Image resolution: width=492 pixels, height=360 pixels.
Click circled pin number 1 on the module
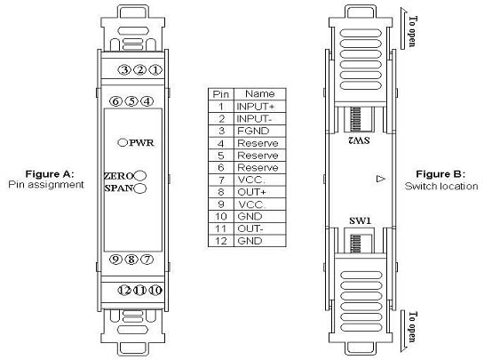click(155, 69)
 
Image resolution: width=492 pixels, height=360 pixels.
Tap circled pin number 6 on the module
click(115, 101)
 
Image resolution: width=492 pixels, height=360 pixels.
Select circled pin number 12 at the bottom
click(124, 291)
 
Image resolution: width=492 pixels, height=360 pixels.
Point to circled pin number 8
click(131, 260)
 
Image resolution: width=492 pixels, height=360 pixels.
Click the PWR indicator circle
click(123, 142)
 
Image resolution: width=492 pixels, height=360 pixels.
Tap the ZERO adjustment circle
click(140, 176)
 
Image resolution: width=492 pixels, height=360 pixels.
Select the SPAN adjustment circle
click(140, 188)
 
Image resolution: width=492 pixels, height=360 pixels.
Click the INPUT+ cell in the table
click(260, 106)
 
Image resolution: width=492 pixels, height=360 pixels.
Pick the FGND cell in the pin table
click(260, 131)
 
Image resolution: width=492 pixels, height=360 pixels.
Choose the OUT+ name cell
click(260, 192)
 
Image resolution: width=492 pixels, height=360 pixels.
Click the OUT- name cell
click(260, 228)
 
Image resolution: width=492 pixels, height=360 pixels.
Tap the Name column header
click(260, 94)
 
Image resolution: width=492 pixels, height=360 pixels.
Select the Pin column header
click(221, 94)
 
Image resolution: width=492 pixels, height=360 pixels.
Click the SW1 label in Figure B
click(361, 220)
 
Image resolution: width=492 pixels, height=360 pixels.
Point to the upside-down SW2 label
click(359, 140)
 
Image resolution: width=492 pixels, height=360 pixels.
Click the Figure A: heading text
click(50, 174)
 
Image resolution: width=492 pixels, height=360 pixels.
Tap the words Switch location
click(441, 187)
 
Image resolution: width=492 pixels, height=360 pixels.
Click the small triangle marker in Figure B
click(381, 179)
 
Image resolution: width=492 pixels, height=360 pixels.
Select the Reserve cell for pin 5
click(260, 156)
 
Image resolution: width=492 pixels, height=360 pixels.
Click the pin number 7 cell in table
click(221, 180)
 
